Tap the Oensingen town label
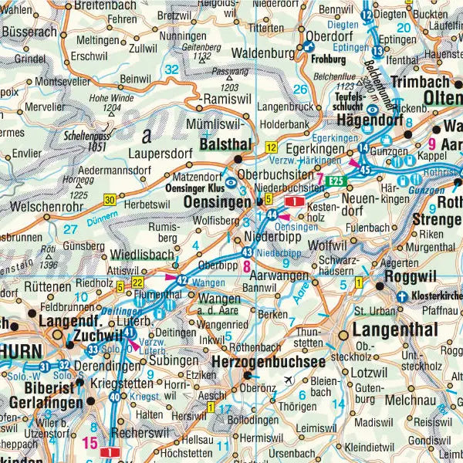[217, 201]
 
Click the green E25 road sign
[333, 181]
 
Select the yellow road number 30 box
[110, 200]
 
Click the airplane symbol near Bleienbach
[289, 380]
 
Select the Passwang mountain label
[225, 71]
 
